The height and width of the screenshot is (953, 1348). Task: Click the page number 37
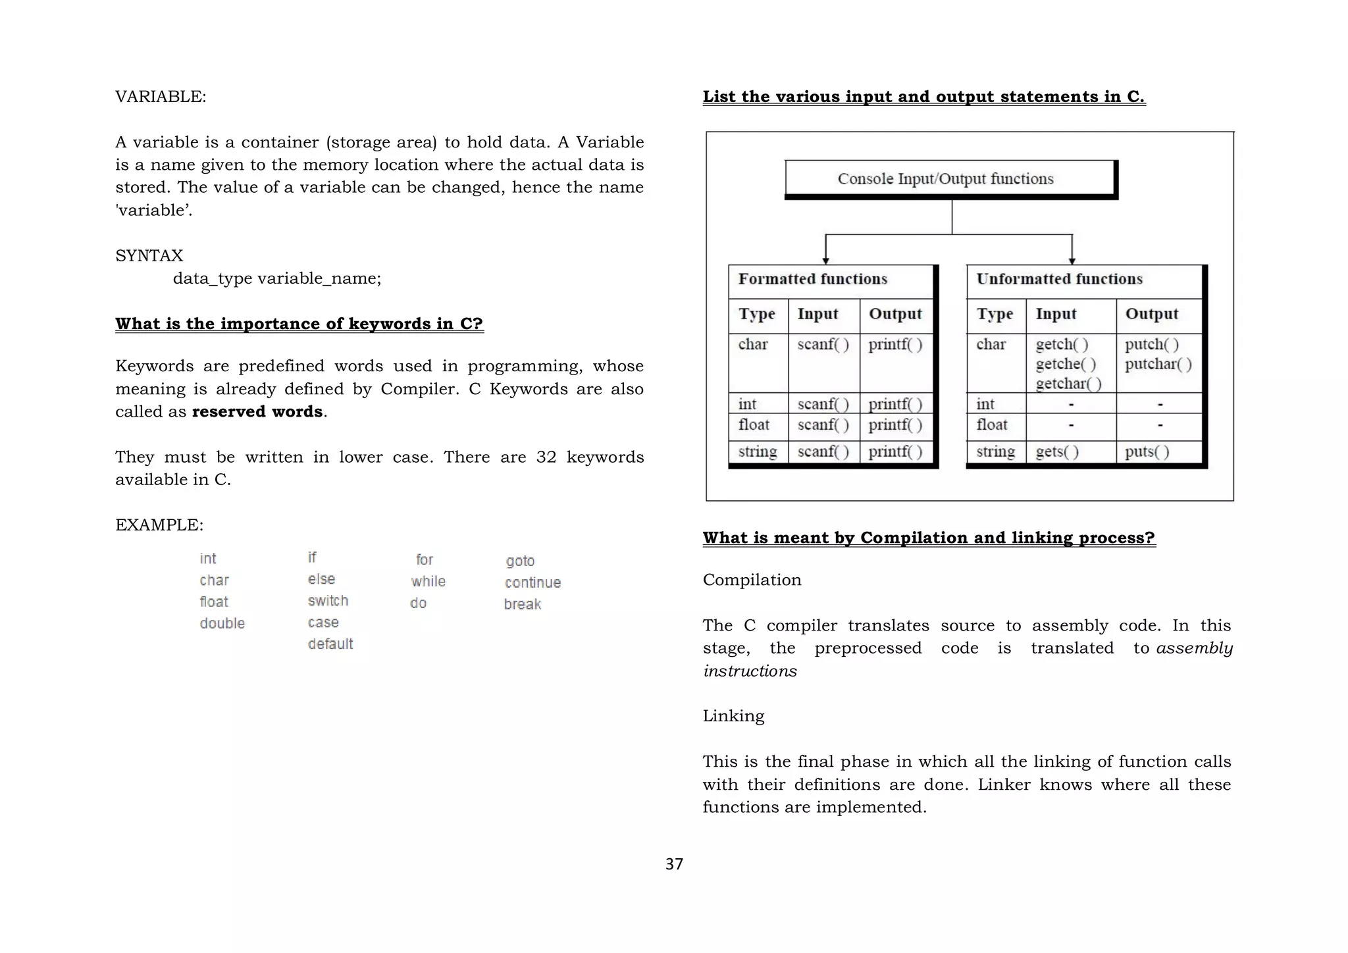[674, 864]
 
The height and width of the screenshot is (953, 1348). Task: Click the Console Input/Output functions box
[945, 179]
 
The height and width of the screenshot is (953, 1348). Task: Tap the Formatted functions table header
[813, 279]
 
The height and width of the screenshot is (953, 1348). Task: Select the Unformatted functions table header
[1059, 279]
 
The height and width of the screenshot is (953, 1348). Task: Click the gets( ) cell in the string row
[1057, 451]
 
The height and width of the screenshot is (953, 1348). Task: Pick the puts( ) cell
[1147, 451]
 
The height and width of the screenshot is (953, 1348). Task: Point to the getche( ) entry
[1066, 364]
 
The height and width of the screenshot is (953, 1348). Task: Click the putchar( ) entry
[1158, 364]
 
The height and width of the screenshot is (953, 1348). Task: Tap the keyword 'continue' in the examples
[532, 582]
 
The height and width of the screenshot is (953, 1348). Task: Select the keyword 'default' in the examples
[330, 644]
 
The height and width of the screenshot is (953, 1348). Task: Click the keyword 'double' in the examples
[222, 623]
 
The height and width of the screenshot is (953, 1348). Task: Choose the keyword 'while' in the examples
[428, 581]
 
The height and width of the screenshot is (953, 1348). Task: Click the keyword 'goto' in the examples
[520, 561]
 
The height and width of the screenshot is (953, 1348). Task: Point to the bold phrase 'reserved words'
[257, 411]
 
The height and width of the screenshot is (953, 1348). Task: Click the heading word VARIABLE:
[161, 97]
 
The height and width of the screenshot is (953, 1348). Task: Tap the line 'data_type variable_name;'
[276, 278]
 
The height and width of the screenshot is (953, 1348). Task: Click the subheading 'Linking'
[733, 716]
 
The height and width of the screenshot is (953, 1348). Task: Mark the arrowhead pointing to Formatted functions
[825, 261]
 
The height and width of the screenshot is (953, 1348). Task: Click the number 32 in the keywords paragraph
[546, 457]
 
